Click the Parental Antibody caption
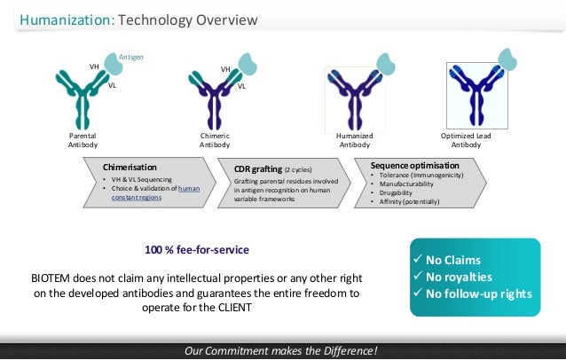[83, 139]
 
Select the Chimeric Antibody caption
[214, 139]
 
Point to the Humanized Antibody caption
[354, 139]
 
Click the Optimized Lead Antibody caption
[467, 139]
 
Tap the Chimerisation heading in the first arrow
[130, 167]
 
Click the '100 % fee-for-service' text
[197, 249]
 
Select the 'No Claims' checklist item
[452, 260]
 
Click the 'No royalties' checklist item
[460, 277]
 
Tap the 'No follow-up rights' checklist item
[478, 294]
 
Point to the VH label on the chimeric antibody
[224, 68]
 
